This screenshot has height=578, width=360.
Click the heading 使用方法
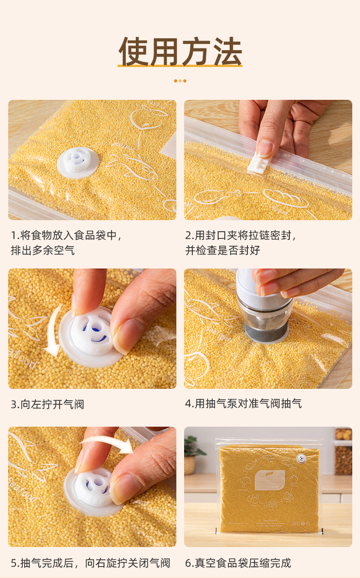[x=180, y=52]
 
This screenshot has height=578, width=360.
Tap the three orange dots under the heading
[x=180, y=81]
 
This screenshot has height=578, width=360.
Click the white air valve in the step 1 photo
[x=77, y=162]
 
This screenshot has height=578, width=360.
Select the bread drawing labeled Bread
[x=286, y=198]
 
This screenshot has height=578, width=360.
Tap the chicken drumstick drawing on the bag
[x=216, y=196]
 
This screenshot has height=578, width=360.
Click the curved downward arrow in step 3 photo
[x=53, y=331]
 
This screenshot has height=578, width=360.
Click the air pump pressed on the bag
[x=264, y=307]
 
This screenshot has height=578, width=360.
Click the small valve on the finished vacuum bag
[x=301, y=459]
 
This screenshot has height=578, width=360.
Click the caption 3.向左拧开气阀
[x=47, y=404]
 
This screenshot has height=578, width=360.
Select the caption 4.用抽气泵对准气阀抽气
[x=243, y=403]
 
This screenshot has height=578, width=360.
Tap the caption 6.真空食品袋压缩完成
[x=238, y=563]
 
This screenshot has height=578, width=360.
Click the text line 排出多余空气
[x=43, y=250]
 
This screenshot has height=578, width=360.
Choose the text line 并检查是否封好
[x=222, y=250]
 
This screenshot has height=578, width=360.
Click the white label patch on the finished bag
[x=270, y=480]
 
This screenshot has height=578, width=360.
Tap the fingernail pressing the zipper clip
[x=264, y=148]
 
